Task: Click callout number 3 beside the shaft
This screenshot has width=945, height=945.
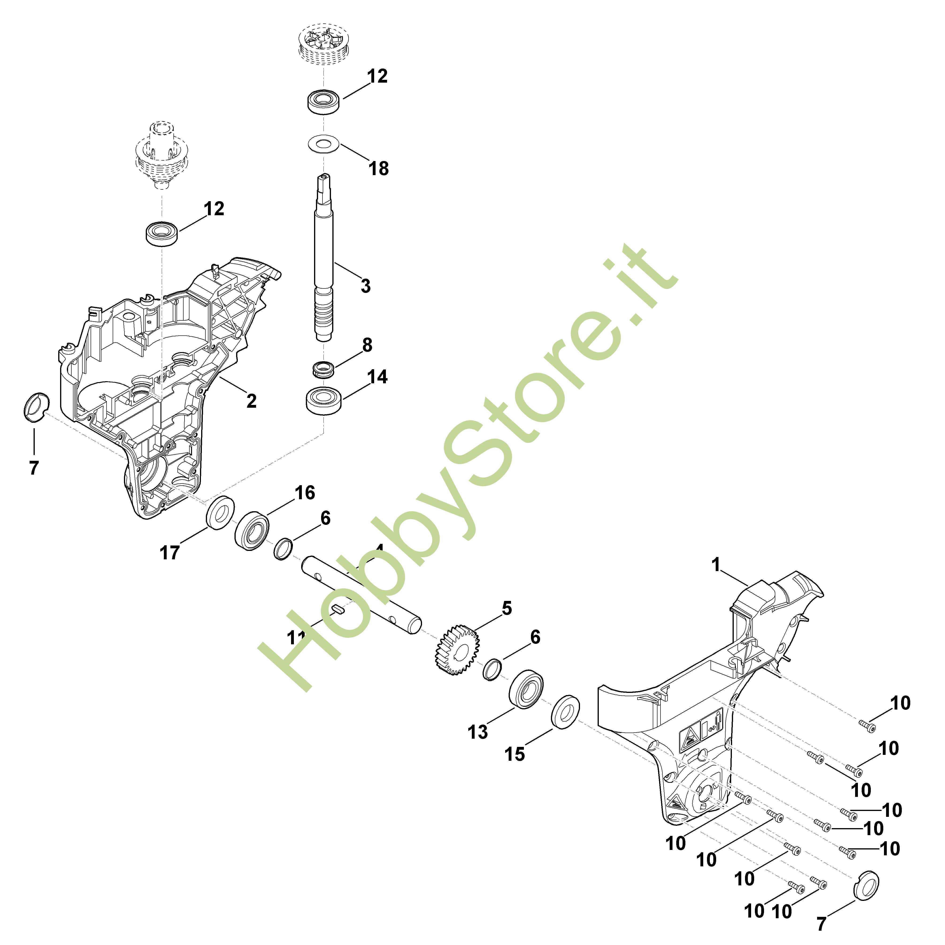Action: tap(365, 286)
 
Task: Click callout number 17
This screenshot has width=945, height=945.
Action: tap(170, 553)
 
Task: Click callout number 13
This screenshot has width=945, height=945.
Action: tap(478, 732)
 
